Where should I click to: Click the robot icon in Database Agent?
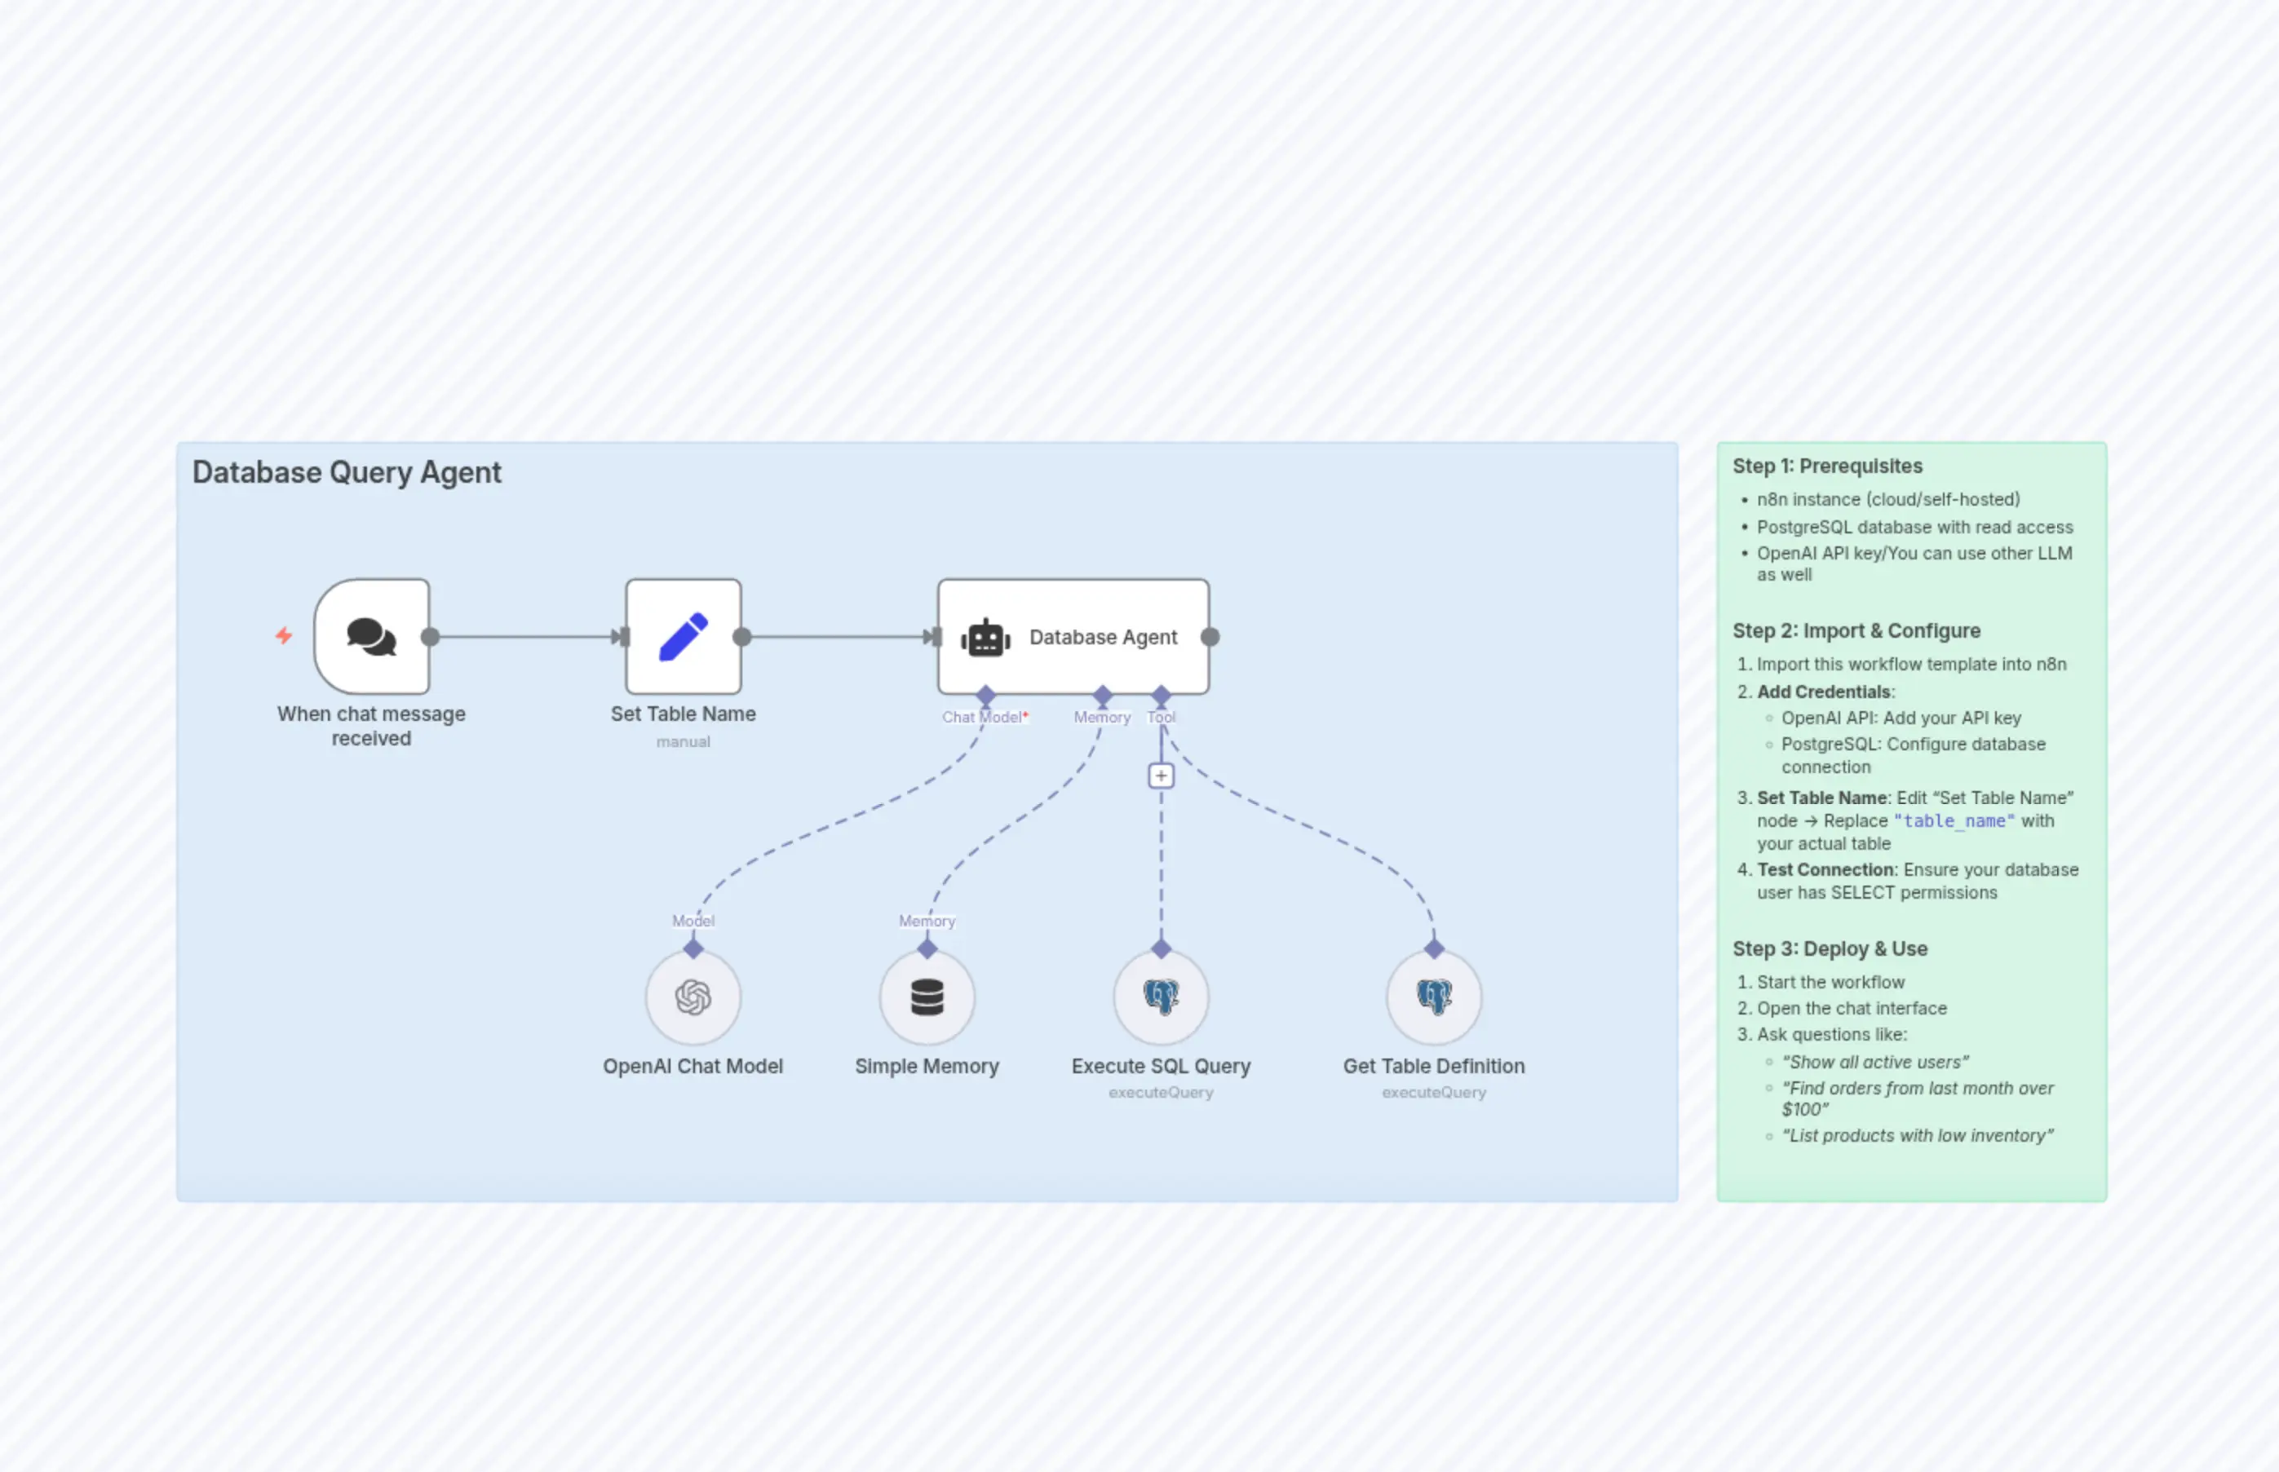[985, 638]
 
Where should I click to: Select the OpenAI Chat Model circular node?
[693, 997]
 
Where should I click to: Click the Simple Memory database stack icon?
[927, 997]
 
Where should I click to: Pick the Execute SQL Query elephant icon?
[1161, 997]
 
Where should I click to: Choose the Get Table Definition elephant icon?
[1434, 997]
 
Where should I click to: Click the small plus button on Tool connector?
[1161, 776]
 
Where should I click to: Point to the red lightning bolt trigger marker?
[284, 635]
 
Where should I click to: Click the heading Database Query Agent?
[346, 472]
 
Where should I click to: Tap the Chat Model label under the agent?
[983, 717]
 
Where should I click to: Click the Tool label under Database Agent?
[1161, 717]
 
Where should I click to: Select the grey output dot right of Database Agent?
[1210, 637]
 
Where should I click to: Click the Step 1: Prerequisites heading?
[1827, 466]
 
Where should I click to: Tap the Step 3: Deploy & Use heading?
[1830, 949]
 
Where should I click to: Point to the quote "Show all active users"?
[1874, 1062]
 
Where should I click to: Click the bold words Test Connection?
[1825, 870]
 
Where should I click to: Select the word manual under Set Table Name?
[684, 742]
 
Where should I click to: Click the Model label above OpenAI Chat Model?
[693, 921]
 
